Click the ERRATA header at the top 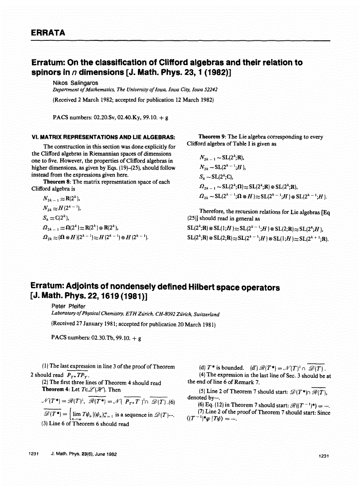click(48, 33)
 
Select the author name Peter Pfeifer click(69, 307)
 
